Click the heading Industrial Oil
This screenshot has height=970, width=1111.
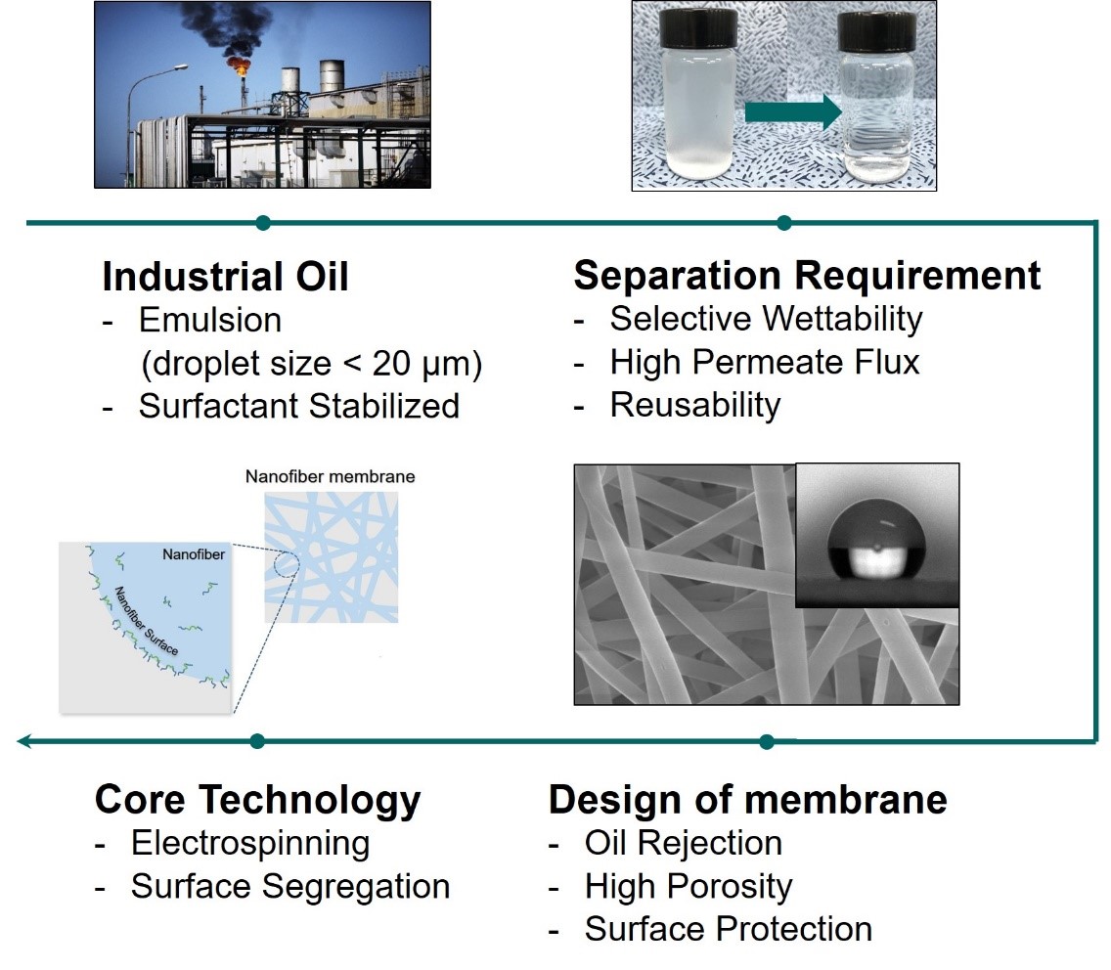click(x=225, y=277)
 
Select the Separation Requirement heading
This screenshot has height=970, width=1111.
click(x=807, y=276)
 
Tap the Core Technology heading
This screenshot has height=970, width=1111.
click(x=258, y=801)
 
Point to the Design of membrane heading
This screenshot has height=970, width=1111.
click(x=747, y=799)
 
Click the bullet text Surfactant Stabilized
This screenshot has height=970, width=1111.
click(x=299, y=406)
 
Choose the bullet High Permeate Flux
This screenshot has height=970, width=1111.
click(x=765, y=362)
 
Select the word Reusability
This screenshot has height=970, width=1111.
click(x=695, y=405)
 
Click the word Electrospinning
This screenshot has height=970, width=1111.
click(x=250, y=844)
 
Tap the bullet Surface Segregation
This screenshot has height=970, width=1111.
click(x=290, y=887)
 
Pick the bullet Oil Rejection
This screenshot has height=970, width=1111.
click(x=683, y=843)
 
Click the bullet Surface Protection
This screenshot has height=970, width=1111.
click(x=729, y=929)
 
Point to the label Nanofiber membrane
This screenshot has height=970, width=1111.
click(x=331, y=477)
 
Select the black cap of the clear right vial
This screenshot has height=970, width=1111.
click(x=876, y=32)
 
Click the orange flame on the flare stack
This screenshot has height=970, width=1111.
click(x=239, y=66)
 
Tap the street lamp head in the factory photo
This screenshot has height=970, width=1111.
click(x=180, y=68)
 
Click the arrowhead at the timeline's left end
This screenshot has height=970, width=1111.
click(x=24, y=742)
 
